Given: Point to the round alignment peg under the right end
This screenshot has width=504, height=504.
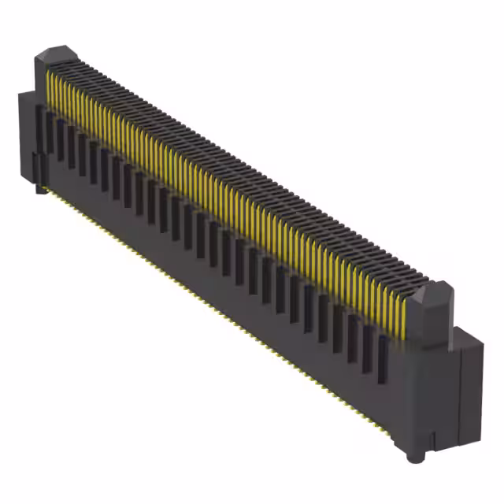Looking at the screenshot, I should tap(412, 455).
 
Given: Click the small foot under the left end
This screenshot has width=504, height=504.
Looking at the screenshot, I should tap(37, 187).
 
